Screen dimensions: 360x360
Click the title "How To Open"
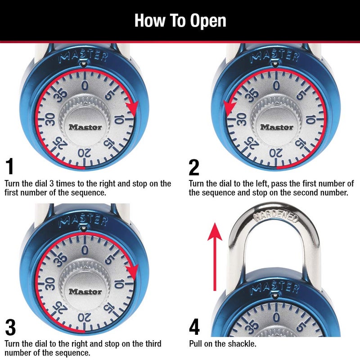click(x=180, y=20)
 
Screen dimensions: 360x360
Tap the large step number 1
click(x=10, y=166)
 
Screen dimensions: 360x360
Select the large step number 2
click(x=194, y=167)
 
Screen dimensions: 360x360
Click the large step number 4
click(x=194, y=327)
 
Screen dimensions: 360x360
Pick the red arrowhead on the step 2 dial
click(x=229, y=107)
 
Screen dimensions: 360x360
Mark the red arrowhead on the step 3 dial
click(x=132, y=271)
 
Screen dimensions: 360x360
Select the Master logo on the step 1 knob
click(x=85, y=127)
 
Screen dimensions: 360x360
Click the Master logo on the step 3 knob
click(x=85, y=291)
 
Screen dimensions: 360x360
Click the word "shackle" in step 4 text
click(x=243, y=344)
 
